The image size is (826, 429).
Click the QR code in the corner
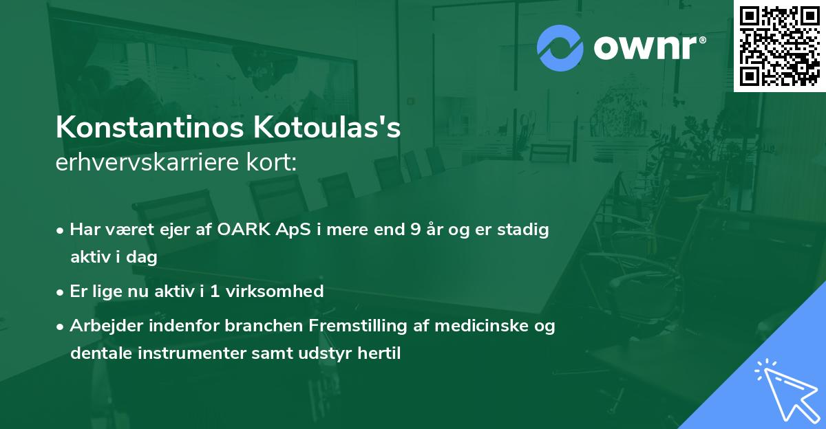point(780,45)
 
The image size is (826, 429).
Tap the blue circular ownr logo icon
point(560,48)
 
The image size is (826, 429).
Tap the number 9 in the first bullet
point(415,230)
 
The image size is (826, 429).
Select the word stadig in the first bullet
point(527,230)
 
